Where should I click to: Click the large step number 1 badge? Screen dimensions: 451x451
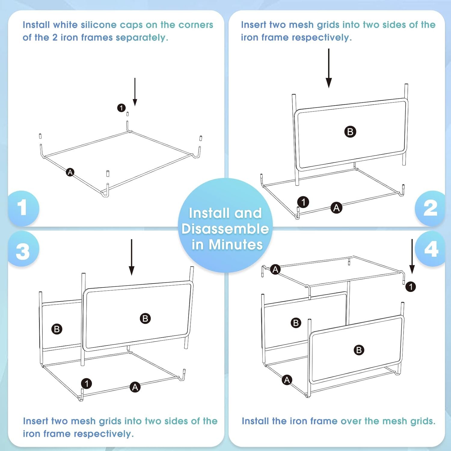(23, 208)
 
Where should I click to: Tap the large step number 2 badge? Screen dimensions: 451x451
(430, 208)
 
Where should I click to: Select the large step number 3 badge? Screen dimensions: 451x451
(23, 250)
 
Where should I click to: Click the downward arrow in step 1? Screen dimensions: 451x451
(135, 92)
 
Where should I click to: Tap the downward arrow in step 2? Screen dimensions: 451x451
(329, 68)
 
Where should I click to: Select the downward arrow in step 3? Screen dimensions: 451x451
(132, 257)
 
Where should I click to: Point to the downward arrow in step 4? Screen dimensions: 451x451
(412, 256)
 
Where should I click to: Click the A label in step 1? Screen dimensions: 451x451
(70, 172)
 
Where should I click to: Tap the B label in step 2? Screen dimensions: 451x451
(350, 132)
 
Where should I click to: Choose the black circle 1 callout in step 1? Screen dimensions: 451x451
(121, 108)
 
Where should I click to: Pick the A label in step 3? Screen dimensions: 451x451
(135, 387)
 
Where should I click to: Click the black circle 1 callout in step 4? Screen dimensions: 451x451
(411, 287)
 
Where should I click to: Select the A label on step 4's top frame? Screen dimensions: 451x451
(275, 269)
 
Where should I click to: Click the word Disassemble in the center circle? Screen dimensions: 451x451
(225, 229)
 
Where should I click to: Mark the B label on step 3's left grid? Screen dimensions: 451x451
(57, 329)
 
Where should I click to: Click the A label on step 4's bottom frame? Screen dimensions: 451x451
(287, 380)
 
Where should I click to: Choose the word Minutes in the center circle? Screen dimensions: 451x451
(236, 244)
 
